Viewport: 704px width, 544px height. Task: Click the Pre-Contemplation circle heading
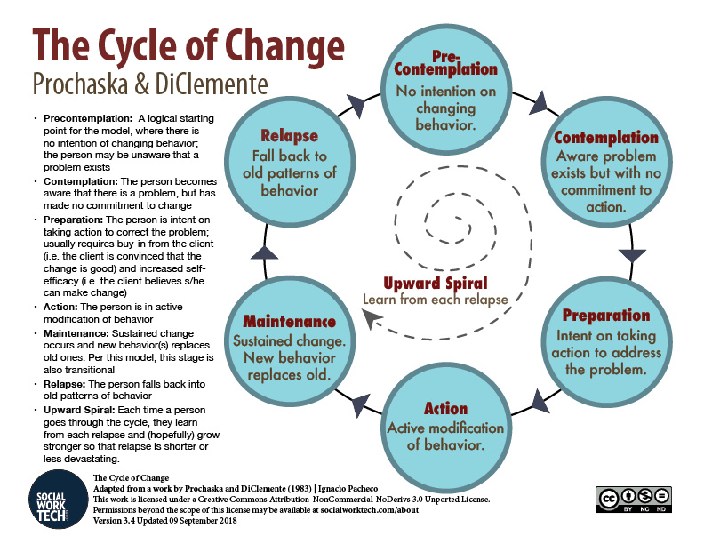(x=446, y=63)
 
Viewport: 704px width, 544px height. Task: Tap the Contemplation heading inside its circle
(x=606, y=138)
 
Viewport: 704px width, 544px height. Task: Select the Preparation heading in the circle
(x=606, y=315)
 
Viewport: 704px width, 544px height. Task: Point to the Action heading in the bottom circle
(x=446, y=409)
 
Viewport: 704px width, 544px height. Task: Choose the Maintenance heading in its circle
(x=290, y=322)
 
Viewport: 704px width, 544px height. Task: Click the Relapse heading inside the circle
(x=290, y=135)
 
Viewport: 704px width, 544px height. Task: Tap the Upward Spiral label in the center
(x=435, y=284)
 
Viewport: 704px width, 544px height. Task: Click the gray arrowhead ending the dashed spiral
(x=372, y=318)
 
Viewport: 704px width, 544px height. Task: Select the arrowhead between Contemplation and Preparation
(x=632, y=255)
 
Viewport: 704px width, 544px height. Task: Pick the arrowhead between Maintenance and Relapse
(x=264, y=252)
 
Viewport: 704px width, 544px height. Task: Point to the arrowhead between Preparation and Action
(x=539, y=401)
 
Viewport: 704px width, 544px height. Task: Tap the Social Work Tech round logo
(x=59, y=500)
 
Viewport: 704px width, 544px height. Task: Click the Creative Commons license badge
(x=634, y=500)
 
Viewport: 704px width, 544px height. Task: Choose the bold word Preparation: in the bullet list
(x=73, y=220)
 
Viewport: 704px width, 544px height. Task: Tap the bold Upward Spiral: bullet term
(x=79, y=411)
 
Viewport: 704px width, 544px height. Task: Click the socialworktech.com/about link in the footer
(x=370, y=510)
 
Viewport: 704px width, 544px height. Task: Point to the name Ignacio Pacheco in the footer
(x=348, y=488)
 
